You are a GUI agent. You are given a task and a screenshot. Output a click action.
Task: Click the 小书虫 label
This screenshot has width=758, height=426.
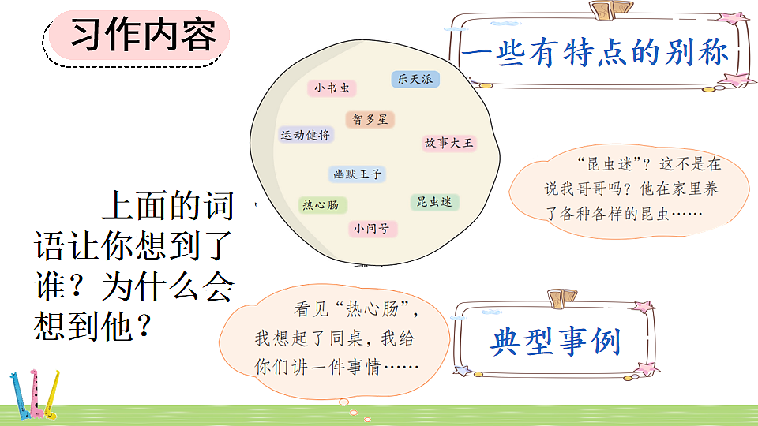point(331,88)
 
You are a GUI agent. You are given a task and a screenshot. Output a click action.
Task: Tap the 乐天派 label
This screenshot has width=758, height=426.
point(415,80)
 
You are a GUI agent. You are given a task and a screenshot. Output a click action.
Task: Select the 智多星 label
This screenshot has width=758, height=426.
point(370,120)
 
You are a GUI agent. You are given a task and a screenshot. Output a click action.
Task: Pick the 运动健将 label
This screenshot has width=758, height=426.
point(306,135)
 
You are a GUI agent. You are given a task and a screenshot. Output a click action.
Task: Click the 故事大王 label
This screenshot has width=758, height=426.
point(449,143)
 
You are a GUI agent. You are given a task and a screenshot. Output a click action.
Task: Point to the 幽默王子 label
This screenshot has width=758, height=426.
point(357,174)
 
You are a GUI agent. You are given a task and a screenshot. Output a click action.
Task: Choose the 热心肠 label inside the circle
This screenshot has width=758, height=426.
point(321,205)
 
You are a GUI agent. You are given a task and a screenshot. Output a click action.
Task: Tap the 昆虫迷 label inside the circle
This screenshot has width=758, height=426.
point(435,202)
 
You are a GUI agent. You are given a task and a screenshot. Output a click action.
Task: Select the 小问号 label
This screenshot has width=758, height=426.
point(373,229)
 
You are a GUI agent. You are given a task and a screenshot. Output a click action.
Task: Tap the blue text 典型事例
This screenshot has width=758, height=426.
point(556,342)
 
